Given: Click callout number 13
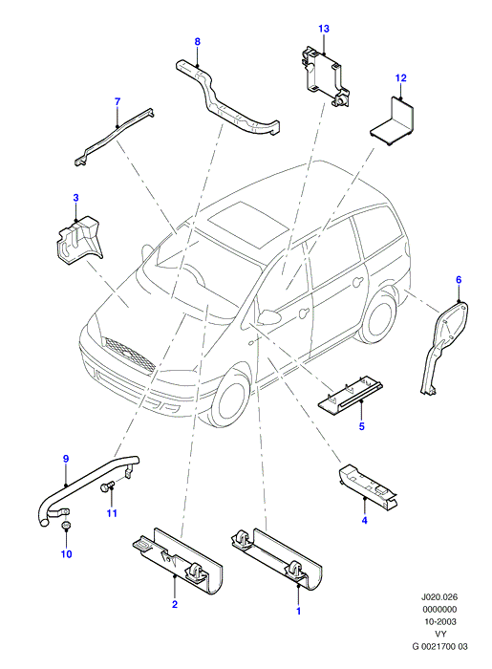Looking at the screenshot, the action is pyautogui.click(x=324, y=29).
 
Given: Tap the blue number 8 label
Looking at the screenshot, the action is pyautogui.click(x=197, y=41).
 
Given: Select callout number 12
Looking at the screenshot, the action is pyautogui.click(x=400, y=78).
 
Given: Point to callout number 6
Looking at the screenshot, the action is pyautogui.click(x=459, y=280).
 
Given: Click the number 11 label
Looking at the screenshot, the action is pyautogui.click(x=112, y=513).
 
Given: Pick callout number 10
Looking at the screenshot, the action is pyautogui.click(x=67, y=553).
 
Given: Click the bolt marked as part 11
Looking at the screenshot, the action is pyautogui.click(x=107, y=486).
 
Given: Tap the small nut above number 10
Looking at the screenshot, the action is pyautogui.click(x=66, y=525).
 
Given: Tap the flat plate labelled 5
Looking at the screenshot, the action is pyautogui.click(x=350, y=396).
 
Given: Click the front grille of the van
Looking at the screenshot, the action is pyautogui.click(x=128, y=354).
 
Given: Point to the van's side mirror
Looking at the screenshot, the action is pyautogui.click(x=267, y=316).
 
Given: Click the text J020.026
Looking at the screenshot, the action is pyautogui.click(x=439, y=597).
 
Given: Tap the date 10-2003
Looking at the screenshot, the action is pyautogui.click(x=439, y=621).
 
